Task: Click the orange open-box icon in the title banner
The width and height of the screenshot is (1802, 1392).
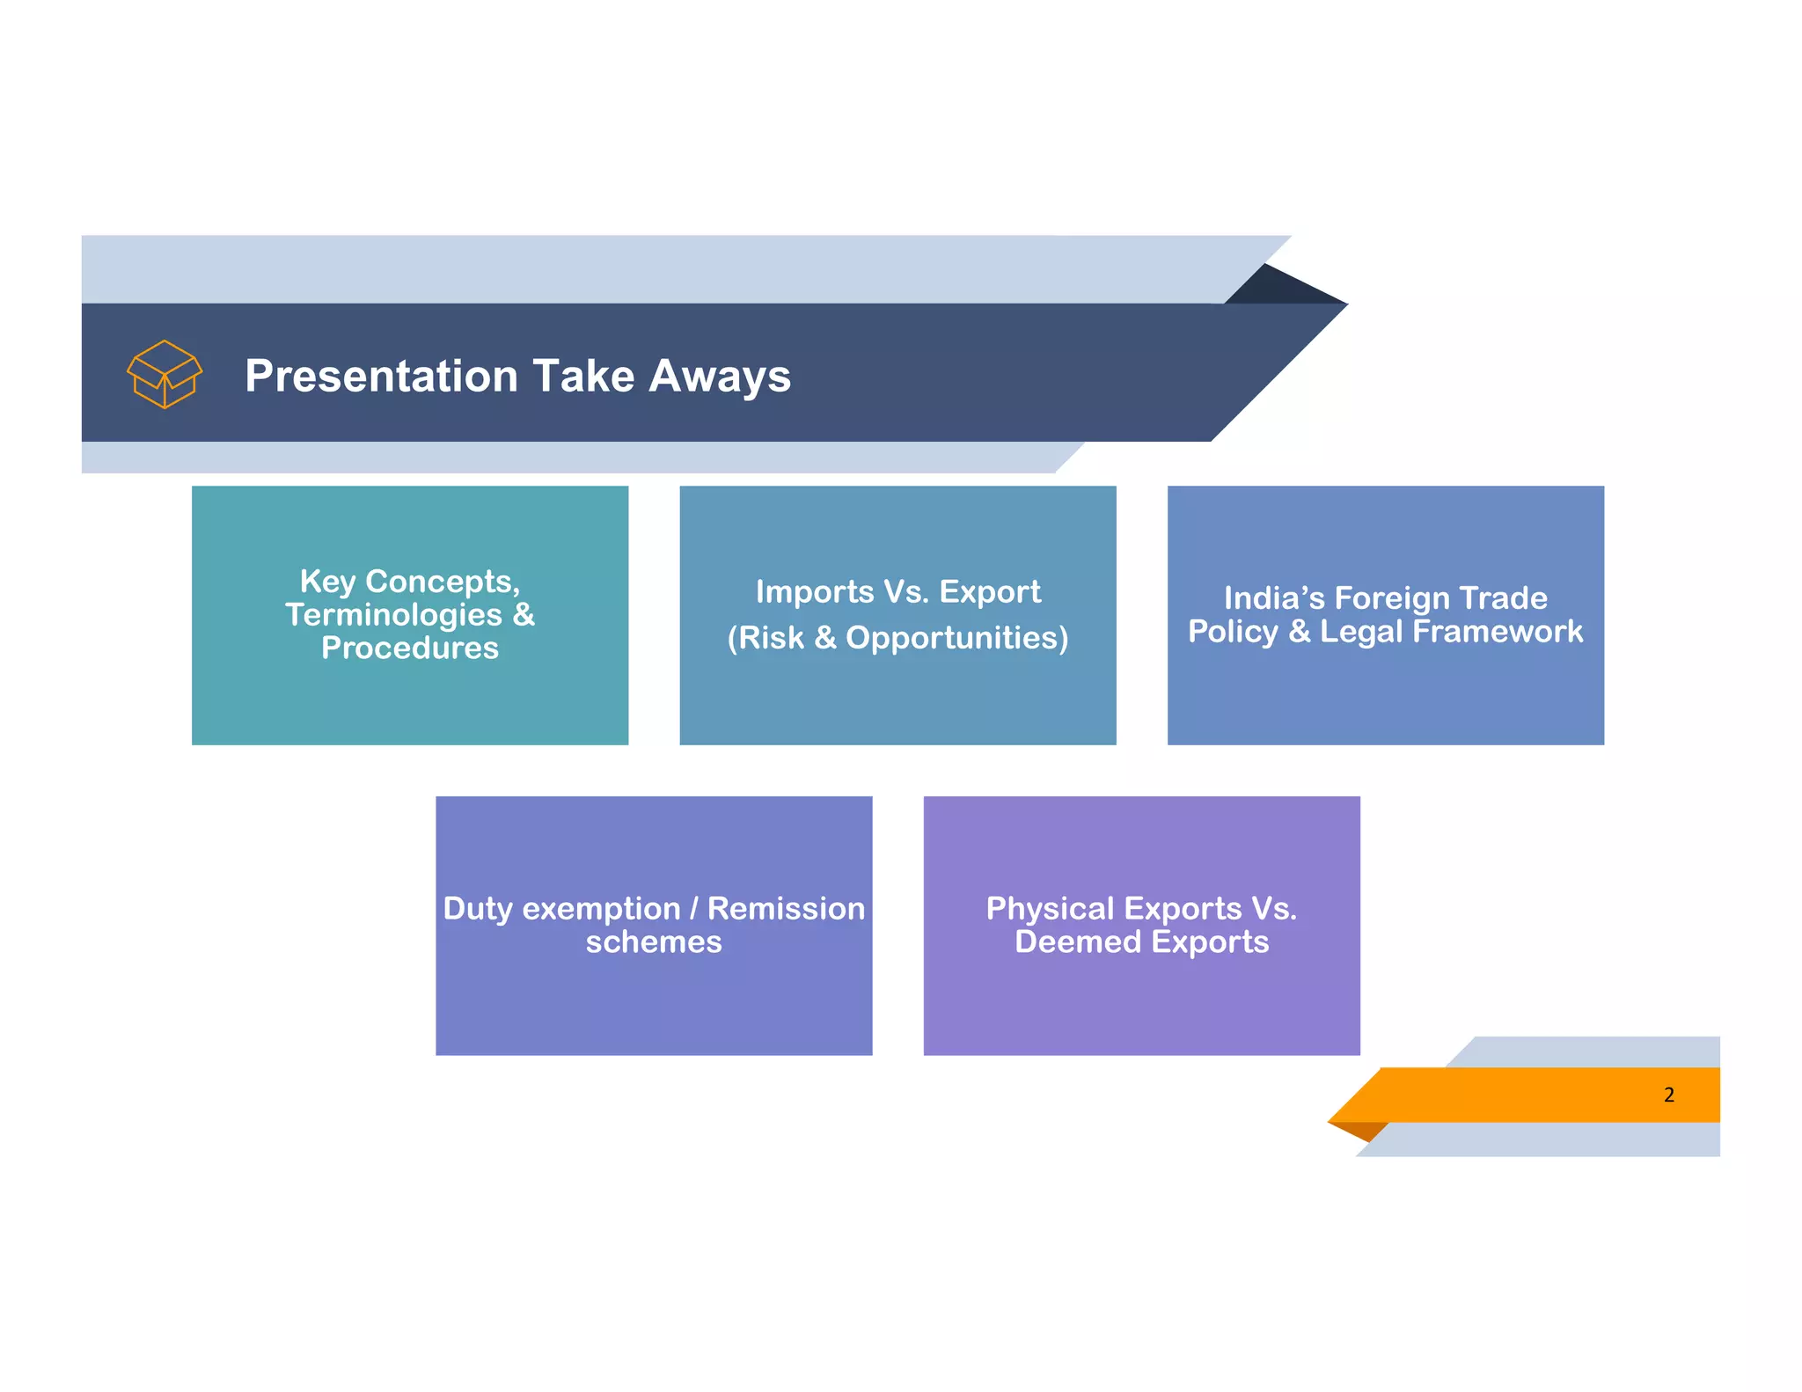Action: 165,374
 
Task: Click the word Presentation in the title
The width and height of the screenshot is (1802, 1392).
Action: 382,376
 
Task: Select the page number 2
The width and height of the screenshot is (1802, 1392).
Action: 1668,1095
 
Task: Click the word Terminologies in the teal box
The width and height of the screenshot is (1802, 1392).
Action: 393,615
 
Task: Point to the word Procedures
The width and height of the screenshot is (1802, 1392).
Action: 410,648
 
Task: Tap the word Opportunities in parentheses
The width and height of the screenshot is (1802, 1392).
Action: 956,638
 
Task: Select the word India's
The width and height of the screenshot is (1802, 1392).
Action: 1274,598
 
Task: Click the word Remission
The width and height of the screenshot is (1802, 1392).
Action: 786,909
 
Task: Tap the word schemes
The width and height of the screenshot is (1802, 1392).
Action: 654,942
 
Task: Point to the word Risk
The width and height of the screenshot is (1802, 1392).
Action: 771,638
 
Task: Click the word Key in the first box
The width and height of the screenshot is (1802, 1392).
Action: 327,582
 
